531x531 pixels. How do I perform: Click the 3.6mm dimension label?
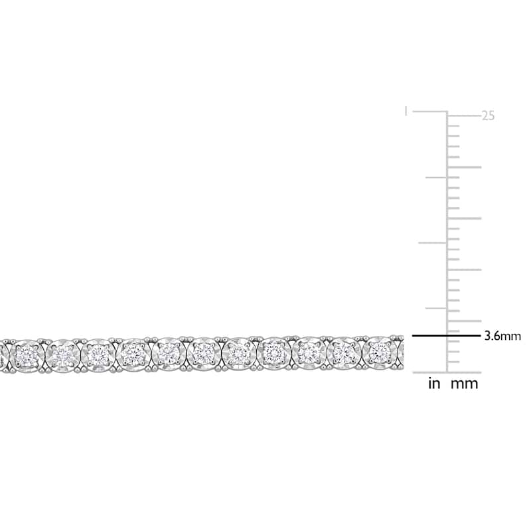(x=502, y=336)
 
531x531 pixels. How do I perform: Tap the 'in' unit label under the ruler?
(x=434, y=384)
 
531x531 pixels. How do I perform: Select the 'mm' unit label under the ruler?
(x=464, y=384)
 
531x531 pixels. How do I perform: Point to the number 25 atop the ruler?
(x=488, y=115)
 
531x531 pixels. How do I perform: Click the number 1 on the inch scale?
(x=406, y=112)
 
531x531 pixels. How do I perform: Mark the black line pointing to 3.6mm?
(x=446, y=336)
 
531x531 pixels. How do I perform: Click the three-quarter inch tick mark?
(x=436, y=177)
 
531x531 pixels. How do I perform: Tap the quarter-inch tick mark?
(x=436, y=308)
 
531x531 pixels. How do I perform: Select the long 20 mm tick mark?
(x=464, y=167)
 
